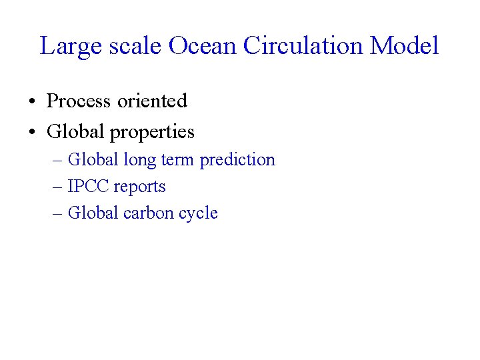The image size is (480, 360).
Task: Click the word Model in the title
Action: tap(405, 46)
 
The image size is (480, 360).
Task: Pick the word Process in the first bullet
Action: tap(79, 101)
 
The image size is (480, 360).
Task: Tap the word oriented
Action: tap(152, 101)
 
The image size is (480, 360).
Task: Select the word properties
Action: tap(152, 133)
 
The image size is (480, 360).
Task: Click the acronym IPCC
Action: tap(89, 187)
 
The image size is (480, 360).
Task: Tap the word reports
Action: tap(140, 187)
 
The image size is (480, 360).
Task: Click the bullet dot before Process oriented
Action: tap(31, 102)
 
